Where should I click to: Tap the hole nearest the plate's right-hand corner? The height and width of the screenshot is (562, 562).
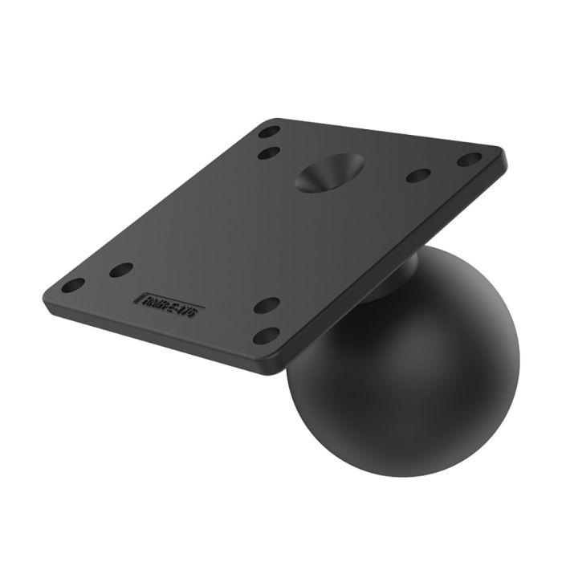pos(469,160)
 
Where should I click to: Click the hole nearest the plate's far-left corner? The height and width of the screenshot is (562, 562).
pos(73,285)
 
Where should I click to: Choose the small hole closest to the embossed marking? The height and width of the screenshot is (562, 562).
pos(121,270)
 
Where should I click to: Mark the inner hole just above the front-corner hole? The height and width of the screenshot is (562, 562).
pos(267,305)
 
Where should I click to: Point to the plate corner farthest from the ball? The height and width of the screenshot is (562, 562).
pos(47,287)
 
